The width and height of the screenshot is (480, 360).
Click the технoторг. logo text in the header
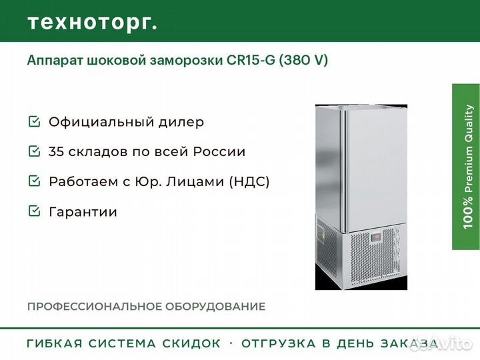(x=93, y=23)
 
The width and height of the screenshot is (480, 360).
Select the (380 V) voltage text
(x=303, y=60)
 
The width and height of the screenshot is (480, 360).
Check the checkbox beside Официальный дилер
(x=34, y=121)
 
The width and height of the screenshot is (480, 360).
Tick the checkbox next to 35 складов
(x=34, y=151)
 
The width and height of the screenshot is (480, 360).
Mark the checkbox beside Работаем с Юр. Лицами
(x=34, y=181)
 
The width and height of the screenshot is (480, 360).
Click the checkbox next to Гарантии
(x=34, y=211)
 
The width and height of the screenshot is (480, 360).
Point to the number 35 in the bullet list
(x=56, y=151)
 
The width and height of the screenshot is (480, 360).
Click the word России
(x=219, y=151)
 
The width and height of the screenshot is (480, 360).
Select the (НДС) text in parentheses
(x=249, y=181)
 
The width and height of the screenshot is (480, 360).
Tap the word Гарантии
(x=83, y=212)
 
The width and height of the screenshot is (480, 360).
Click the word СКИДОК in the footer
(x=191, y=343)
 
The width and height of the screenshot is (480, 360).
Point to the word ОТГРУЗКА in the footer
(x=279, y=343)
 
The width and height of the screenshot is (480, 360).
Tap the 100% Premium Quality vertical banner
(x=466, y=167)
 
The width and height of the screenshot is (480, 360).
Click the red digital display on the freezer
(x=375, y=237)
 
